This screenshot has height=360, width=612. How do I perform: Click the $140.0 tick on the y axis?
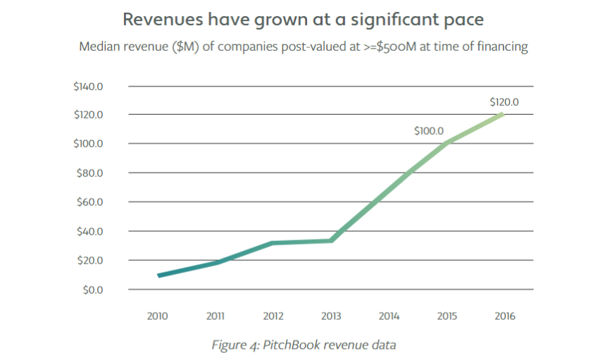(89, 86)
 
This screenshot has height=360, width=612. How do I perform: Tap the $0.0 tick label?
(93, 290)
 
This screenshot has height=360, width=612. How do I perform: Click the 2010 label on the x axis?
(158, 316)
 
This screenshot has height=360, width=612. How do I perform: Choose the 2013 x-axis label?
(331, 316)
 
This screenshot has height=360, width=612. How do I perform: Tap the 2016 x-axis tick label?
(504, 316)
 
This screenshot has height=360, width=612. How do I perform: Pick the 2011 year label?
(216, 316)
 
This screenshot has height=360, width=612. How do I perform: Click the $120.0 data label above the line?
(504, 102)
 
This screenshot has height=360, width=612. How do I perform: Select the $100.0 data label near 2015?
(428, 130)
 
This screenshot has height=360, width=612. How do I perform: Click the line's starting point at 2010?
(159, 275)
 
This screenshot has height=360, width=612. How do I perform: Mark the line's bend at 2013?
(331, 240)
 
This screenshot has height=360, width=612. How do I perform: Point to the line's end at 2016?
(504, 114)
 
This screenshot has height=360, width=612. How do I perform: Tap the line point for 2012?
(273, 243)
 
